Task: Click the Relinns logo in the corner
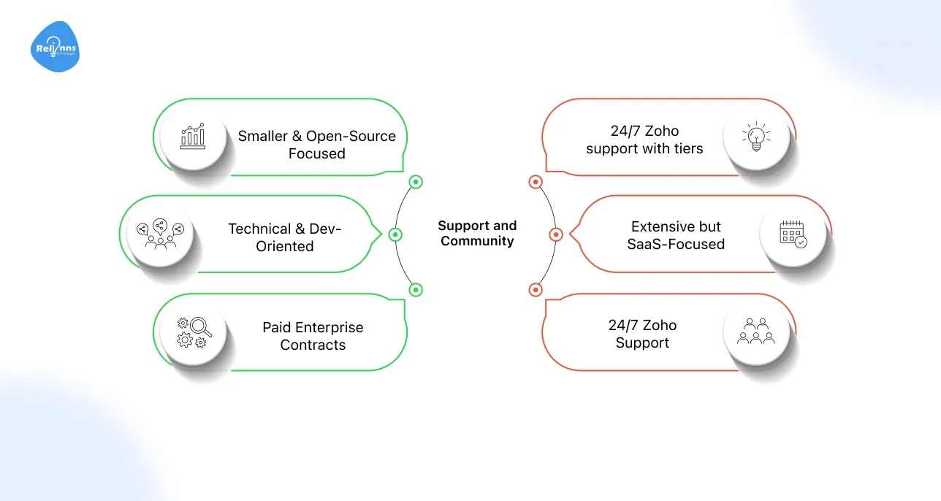point(55,47)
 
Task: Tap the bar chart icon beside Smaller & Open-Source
point(194,136)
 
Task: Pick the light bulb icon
point(756,136)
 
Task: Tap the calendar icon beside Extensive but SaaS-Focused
point(793,233)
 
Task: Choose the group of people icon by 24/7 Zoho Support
point(756,332)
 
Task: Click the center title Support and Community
point(477,234)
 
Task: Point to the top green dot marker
point(416,182)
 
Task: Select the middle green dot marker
point(395,234)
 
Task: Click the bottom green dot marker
point(416,290)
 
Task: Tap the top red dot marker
point(536,182)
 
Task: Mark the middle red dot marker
point(555,234)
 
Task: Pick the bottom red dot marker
point(536,290)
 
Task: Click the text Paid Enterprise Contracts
point(313,336)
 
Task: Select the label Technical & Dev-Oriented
point(285,237)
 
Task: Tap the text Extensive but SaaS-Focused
point(676,235)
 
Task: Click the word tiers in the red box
point(688,149)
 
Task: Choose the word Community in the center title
point(477,242)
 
